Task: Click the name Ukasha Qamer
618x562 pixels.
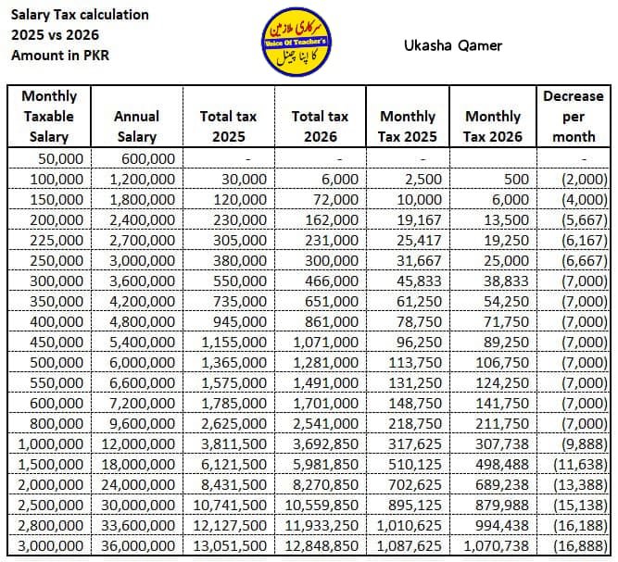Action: tap(454, 45)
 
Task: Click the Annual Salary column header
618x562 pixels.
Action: tap(136, 126)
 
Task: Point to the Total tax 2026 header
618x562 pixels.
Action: tap(320, 126)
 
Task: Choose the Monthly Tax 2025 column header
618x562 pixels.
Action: tap(408, 126)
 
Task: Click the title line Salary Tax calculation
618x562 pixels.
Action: tap(80, 15)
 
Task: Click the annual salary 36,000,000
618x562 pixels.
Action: tap(137, 546)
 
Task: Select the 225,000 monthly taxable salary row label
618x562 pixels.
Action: tap(57, 239)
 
